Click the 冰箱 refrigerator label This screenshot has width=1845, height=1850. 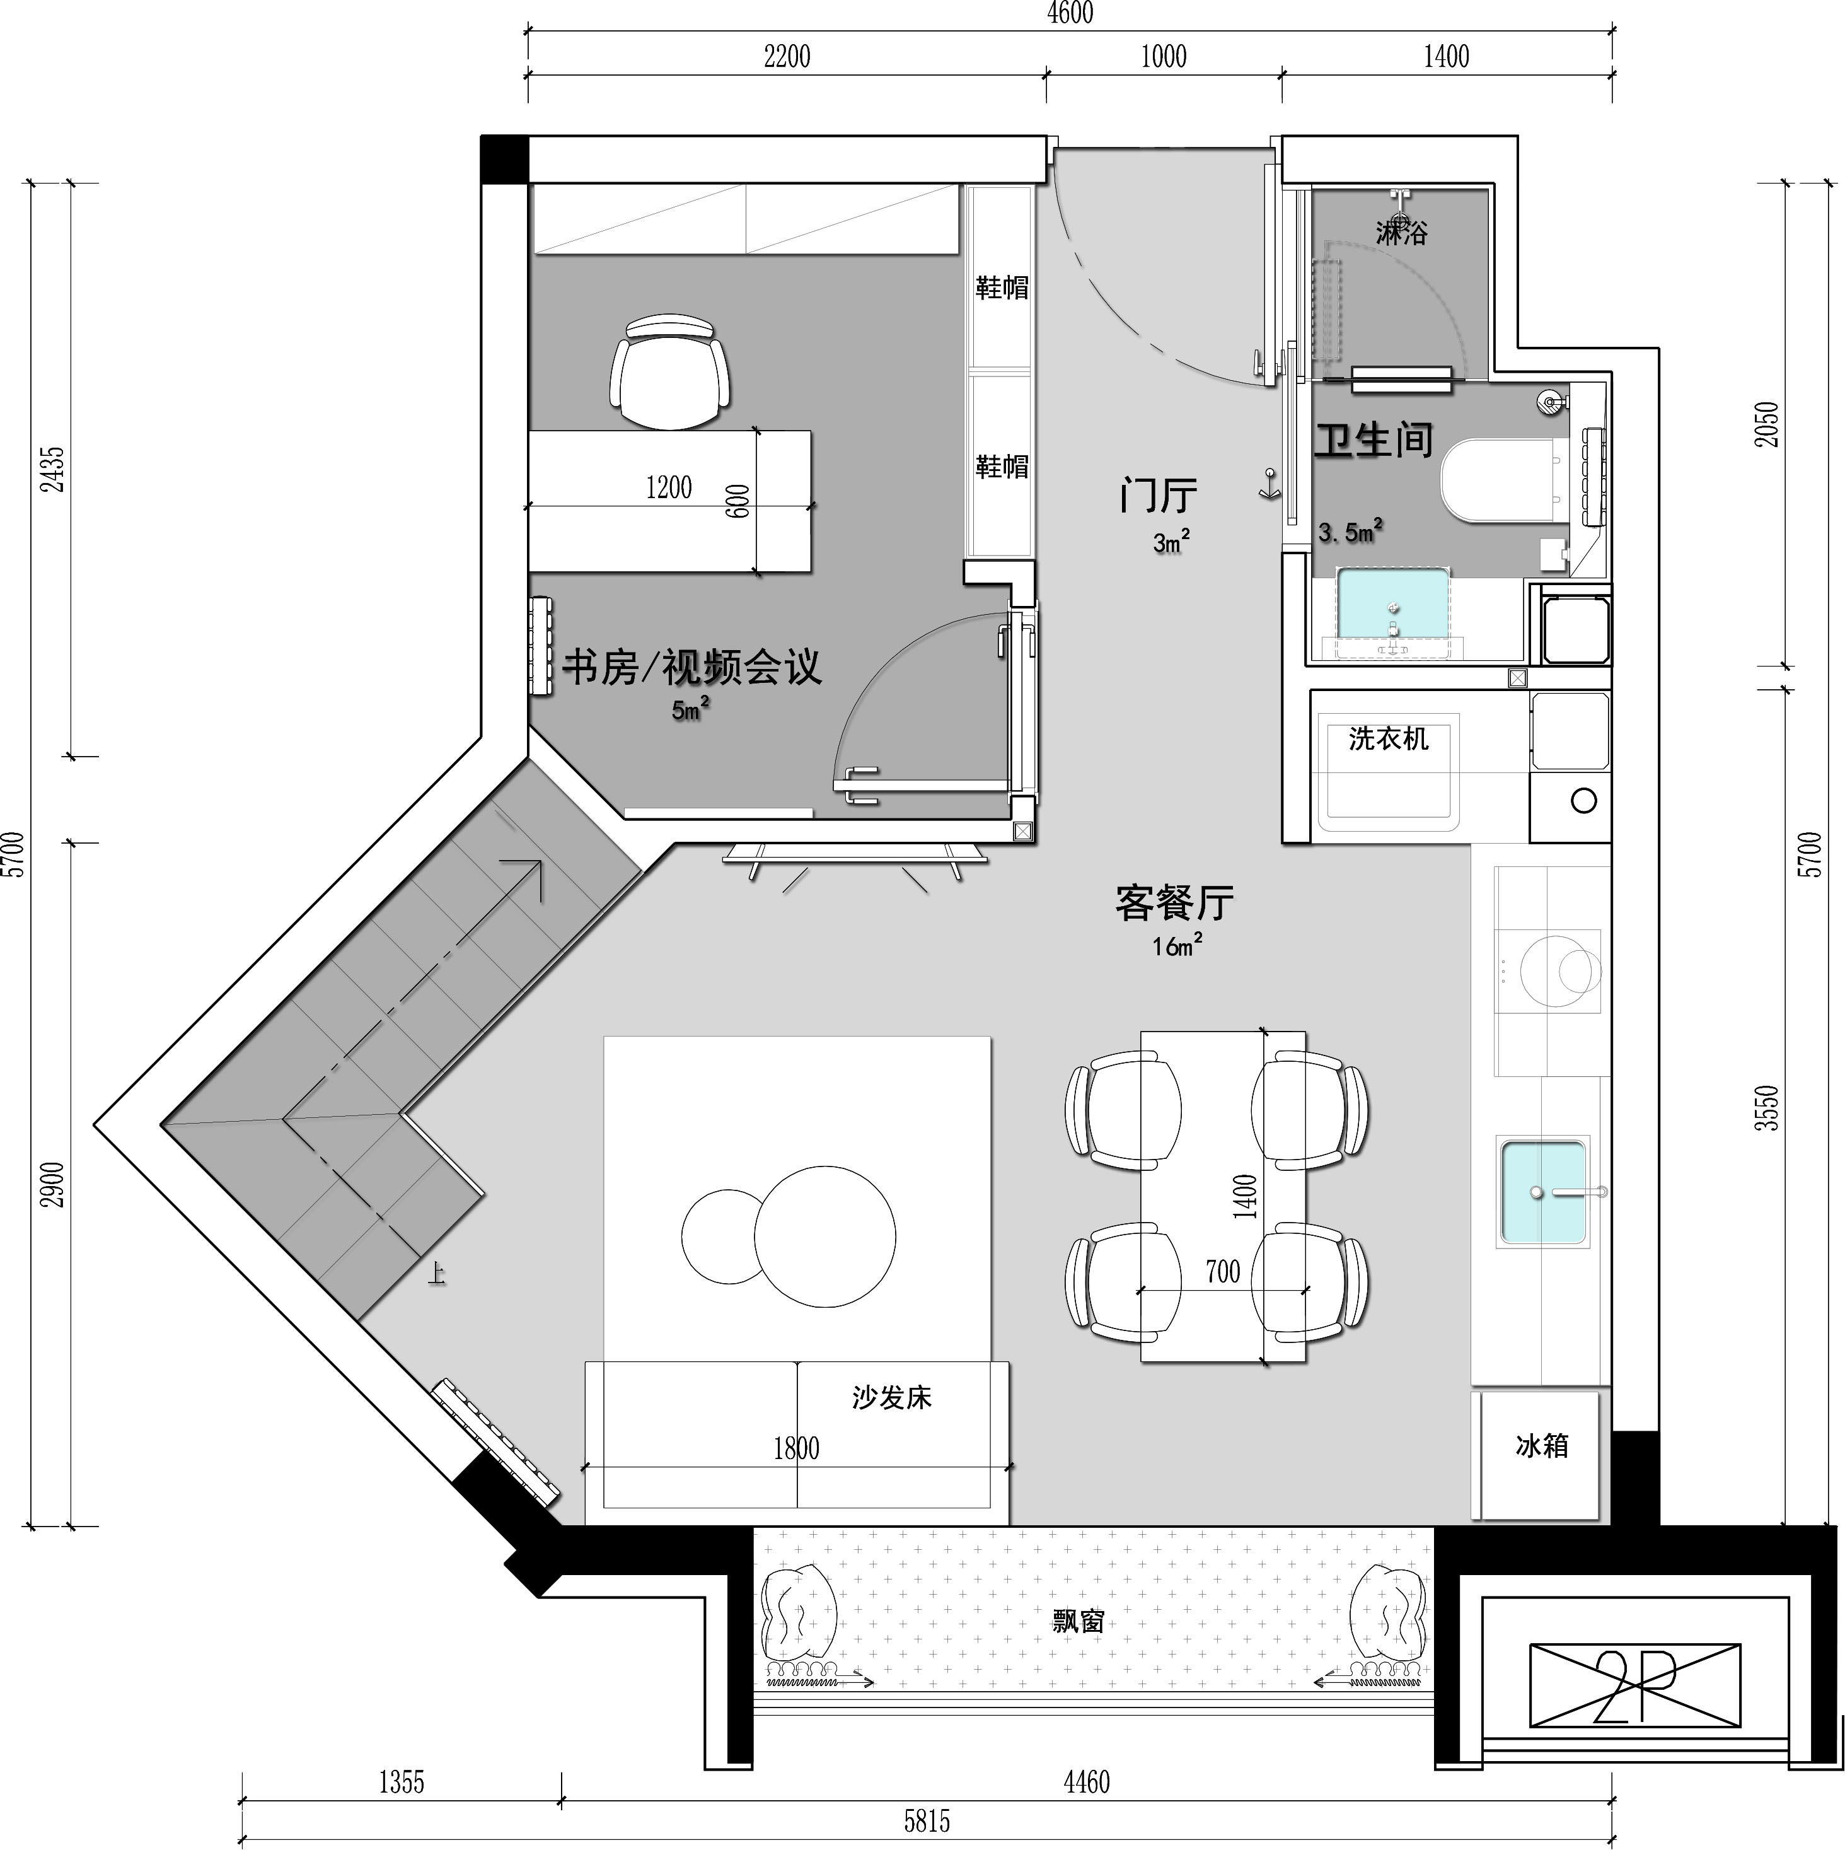point(1541,1446)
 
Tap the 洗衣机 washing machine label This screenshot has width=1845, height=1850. point(1388,738)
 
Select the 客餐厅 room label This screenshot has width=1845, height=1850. point(1175,903)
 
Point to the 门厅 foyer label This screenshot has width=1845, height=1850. point(1159,496)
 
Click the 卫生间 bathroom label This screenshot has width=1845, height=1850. point(1373,439)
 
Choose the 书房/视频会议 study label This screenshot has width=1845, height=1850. point(691,666)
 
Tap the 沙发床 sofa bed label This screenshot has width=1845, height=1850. point(891,1398)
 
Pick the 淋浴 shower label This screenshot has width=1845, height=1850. point(1402,233)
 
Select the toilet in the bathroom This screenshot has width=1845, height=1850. point(1504,480)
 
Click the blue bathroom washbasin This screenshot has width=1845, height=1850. point(1393,603)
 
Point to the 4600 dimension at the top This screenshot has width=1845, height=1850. point(1070,13)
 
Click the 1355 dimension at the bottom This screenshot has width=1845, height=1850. point(401,1782)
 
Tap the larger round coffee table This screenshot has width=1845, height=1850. point(824,1236)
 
